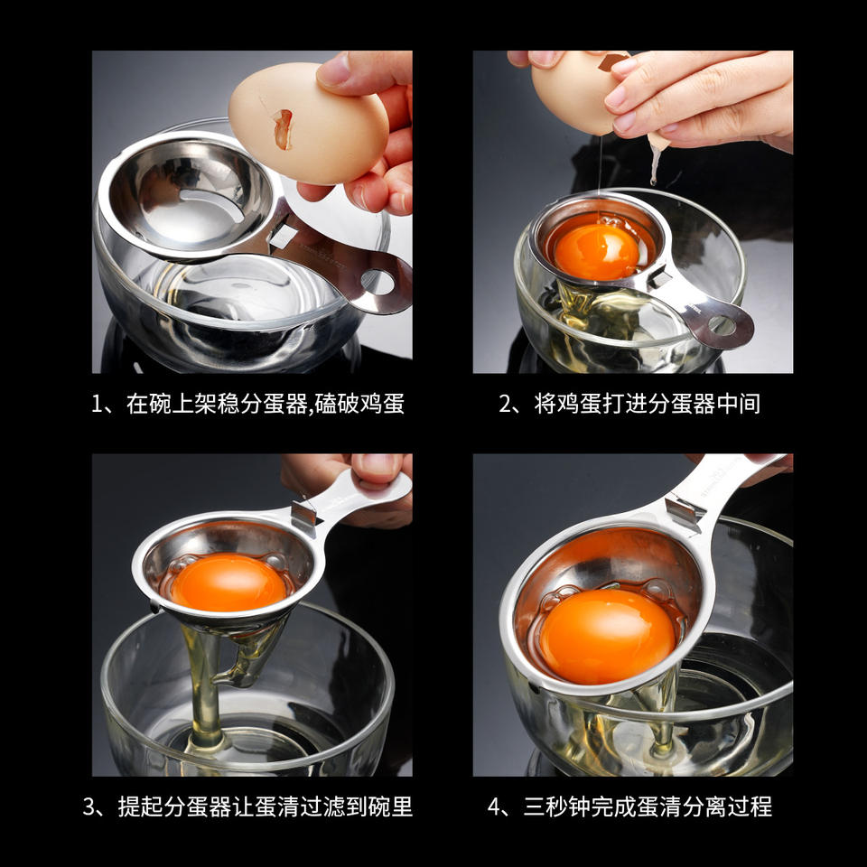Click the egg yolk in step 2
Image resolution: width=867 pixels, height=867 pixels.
coord(596,251)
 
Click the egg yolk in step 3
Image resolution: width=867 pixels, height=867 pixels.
coord(228,582)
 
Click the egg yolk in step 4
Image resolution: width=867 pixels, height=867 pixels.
coord(607,636)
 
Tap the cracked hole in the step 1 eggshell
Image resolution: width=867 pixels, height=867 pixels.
coord(283,129)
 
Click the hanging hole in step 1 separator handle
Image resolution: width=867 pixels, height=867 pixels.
coord(378,282)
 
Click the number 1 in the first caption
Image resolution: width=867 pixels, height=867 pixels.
coord(97,405)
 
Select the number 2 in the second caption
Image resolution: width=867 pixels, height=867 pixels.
coord(506,405)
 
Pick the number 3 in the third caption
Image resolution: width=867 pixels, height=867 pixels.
coord(89,806)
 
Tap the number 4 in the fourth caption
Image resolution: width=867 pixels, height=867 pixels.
coord(494,806)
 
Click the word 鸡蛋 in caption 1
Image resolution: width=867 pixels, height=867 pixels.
coord(383,404)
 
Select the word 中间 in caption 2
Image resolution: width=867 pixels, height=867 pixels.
coord(740,404)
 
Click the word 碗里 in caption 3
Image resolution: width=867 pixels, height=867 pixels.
coord(390,806)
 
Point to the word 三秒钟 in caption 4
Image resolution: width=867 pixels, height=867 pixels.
coord(557,806)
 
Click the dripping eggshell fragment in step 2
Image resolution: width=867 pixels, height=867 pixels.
coord(657,157)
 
